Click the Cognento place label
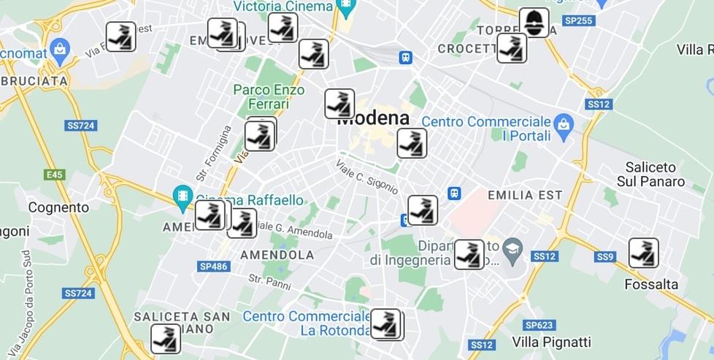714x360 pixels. click(x=58, y=207)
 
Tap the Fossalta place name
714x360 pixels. click(x=651, y=284)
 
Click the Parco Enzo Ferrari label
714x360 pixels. click(x=261, y=96)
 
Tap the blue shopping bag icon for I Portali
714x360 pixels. click(x=562, y=122)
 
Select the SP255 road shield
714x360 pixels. click(x=580, y=20)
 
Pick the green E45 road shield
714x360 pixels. click(x=54, y=175)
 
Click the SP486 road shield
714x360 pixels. click(x=213, y=267)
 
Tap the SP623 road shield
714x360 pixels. click(x=539, y=325)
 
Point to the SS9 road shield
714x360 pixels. click(x=605, y=256)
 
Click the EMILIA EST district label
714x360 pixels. click(x=524, y=196)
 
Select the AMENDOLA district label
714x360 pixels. click(x=277, y=255)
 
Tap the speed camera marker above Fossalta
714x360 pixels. click(x=643, y=253)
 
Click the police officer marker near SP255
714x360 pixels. click(x=534, y=23)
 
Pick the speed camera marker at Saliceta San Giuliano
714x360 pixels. click(x=166, y=339)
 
